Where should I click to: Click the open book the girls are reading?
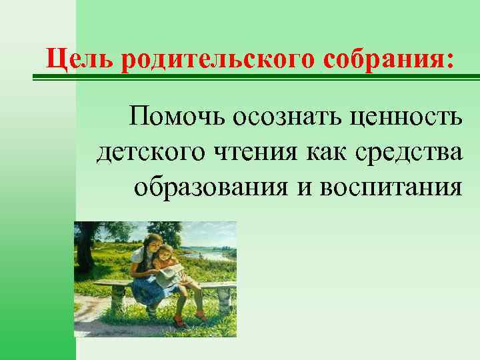[169, 270]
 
